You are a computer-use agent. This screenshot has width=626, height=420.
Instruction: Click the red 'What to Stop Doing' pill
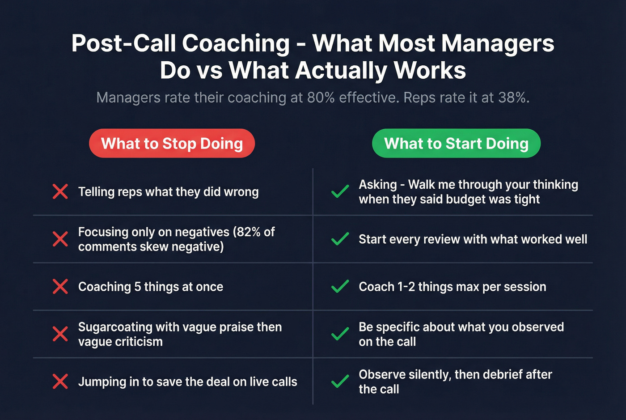[x=172, y=144]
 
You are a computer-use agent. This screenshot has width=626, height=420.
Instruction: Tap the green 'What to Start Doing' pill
[x=456, y=144]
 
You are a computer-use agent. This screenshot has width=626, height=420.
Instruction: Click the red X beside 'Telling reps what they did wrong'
[x=60, y=191]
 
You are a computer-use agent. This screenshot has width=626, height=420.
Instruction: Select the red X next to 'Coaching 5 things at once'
[x=60, y=286]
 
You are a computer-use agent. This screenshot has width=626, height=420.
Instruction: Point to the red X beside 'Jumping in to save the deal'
[x=60, y=382]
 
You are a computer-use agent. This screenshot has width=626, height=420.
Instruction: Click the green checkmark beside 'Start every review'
[x=340, y=239]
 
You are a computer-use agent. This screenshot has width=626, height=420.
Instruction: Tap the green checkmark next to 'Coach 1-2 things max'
[x=340, y=286]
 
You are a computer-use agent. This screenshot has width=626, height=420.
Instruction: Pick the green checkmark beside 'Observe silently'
[x=340, y=382]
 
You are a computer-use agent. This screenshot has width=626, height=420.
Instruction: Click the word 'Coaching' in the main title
[x=236, y=43]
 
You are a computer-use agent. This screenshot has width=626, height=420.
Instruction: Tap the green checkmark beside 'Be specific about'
[x=340, y=334]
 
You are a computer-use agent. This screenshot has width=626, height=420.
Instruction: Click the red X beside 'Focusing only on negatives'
[x=60, y=239]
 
